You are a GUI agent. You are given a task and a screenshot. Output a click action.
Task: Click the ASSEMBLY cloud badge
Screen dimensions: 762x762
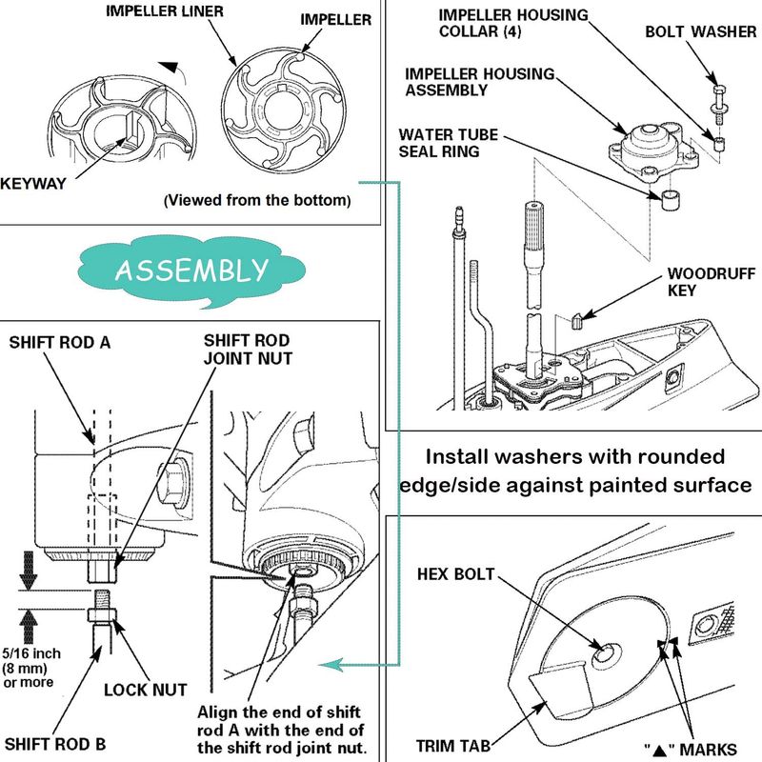(190, 270)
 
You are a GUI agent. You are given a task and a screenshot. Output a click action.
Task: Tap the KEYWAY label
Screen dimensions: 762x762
(34, 184)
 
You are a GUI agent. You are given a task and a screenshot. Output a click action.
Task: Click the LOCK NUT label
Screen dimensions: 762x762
(144, 689)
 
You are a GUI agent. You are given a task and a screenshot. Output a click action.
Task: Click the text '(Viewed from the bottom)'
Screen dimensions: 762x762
(257, 201)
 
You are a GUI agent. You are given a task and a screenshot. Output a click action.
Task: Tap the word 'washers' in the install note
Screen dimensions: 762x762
(547, 456)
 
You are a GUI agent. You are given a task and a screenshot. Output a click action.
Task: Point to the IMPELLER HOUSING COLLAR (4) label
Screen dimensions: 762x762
(513, 24)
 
